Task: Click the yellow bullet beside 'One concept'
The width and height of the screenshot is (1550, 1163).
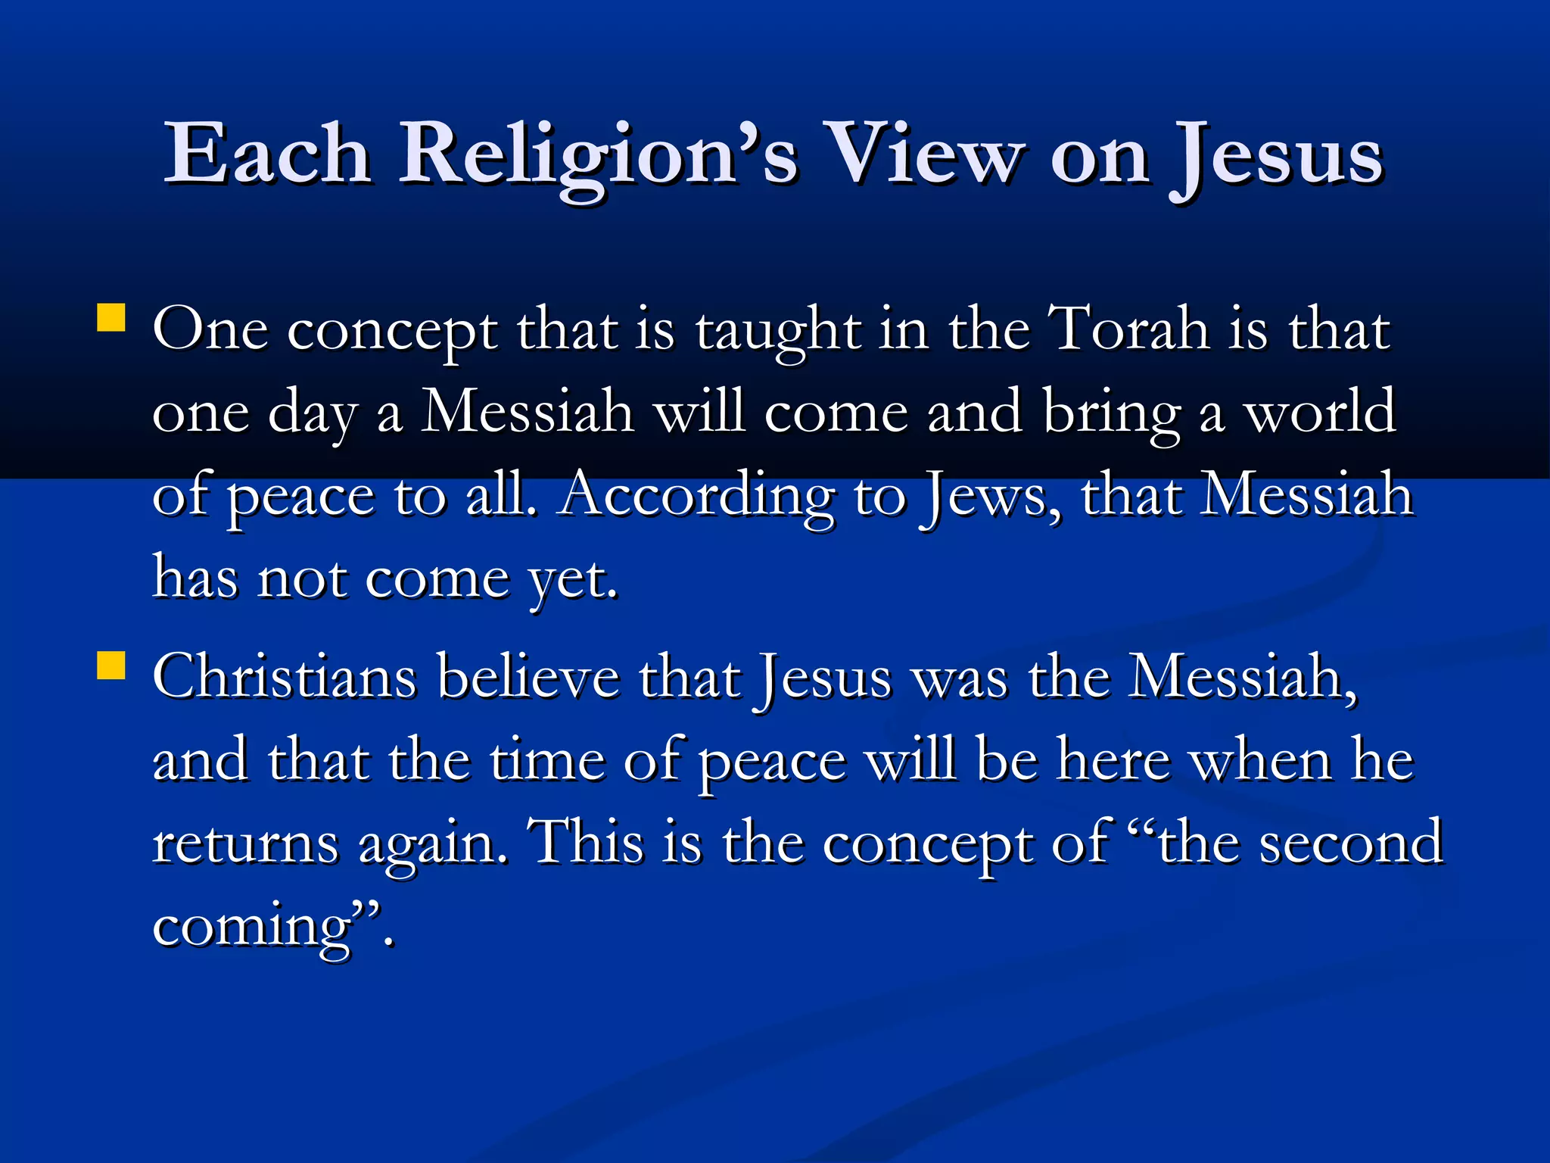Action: (x=111, y=318)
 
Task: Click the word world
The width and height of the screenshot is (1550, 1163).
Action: (x=1321, y=413)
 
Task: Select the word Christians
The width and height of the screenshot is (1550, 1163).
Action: (x=285, y=676)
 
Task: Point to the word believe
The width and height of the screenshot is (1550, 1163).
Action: (x=529, y=676)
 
